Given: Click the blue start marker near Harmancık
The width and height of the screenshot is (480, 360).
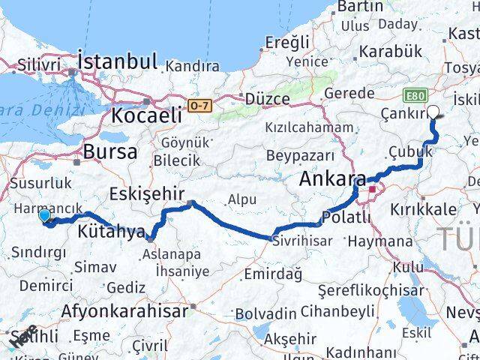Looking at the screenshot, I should point(44,216).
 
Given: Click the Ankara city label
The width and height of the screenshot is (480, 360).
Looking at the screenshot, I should point(332,179).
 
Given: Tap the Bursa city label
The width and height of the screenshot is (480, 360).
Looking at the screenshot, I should point(110,151).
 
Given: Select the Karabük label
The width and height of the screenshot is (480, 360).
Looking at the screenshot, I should point(392,52).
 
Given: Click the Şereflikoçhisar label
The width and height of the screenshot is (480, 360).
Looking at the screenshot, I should point(365,289).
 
